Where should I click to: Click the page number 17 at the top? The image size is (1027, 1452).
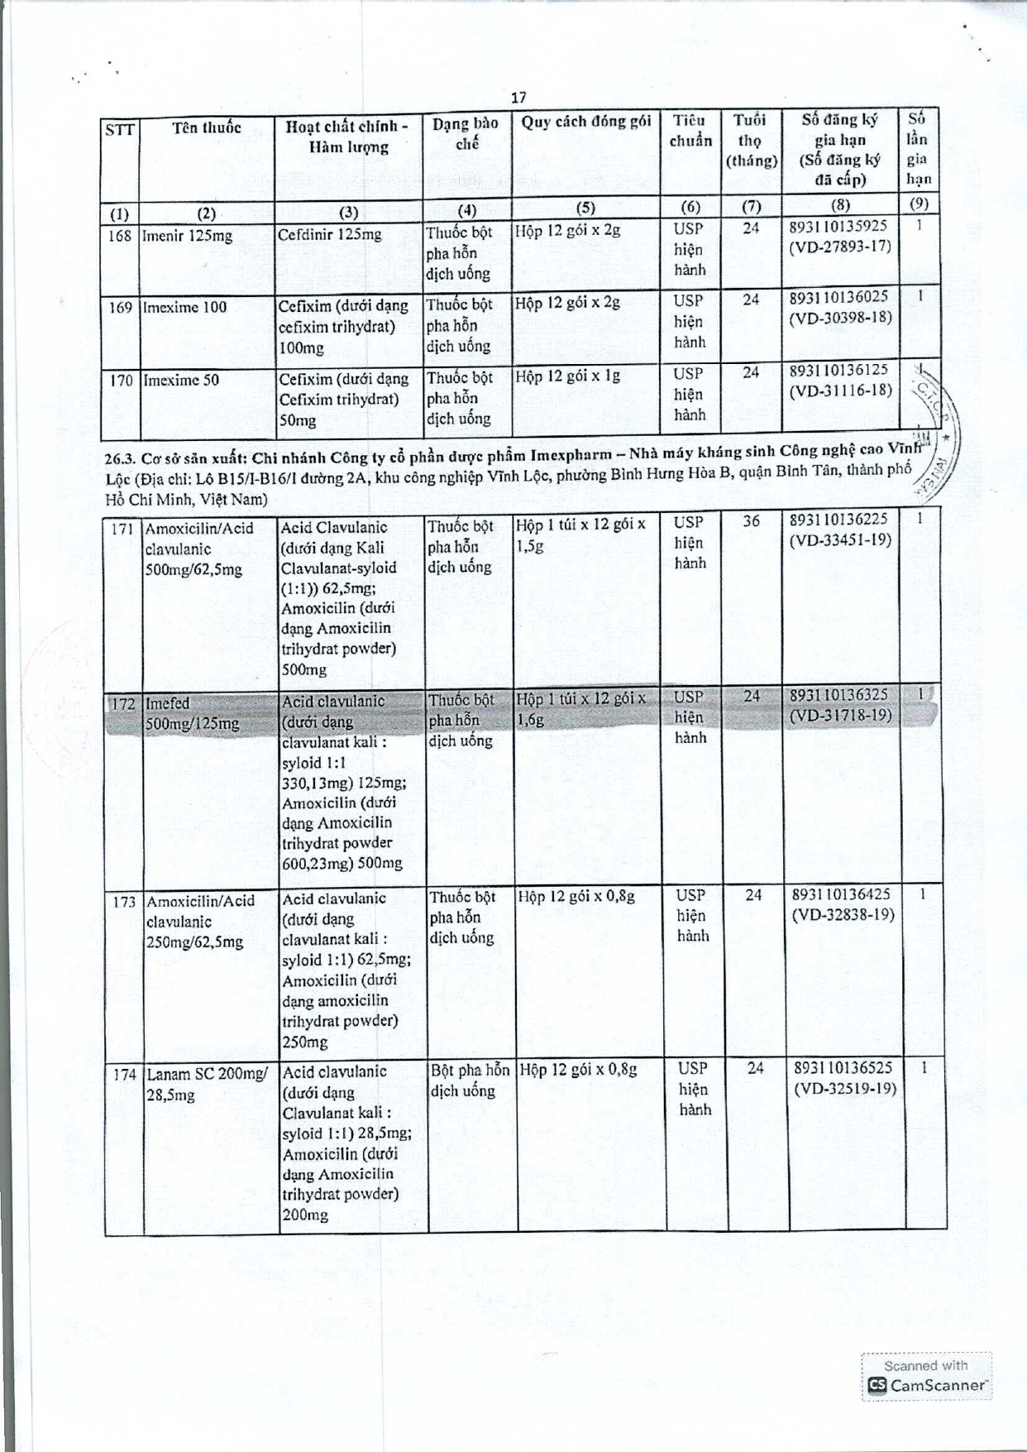518,98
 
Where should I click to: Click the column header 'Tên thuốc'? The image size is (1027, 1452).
207,127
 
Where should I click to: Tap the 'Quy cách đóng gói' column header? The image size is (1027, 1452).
585,122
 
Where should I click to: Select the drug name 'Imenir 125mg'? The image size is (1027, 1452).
187,236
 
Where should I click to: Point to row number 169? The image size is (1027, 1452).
121,308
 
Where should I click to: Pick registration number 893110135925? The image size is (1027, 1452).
838,226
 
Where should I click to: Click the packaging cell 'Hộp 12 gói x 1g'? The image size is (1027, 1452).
568,376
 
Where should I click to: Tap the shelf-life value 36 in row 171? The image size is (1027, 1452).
751,520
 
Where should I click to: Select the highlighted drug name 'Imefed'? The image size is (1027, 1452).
167,703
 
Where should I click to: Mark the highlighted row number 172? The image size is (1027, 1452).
122,704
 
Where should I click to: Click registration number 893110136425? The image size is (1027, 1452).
841,894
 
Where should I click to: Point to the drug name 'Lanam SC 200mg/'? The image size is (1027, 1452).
207,1074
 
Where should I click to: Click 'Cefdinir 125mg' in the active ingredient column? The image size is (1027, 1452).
330,235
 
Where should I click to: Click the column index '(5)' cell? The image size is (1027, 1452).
585,207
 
